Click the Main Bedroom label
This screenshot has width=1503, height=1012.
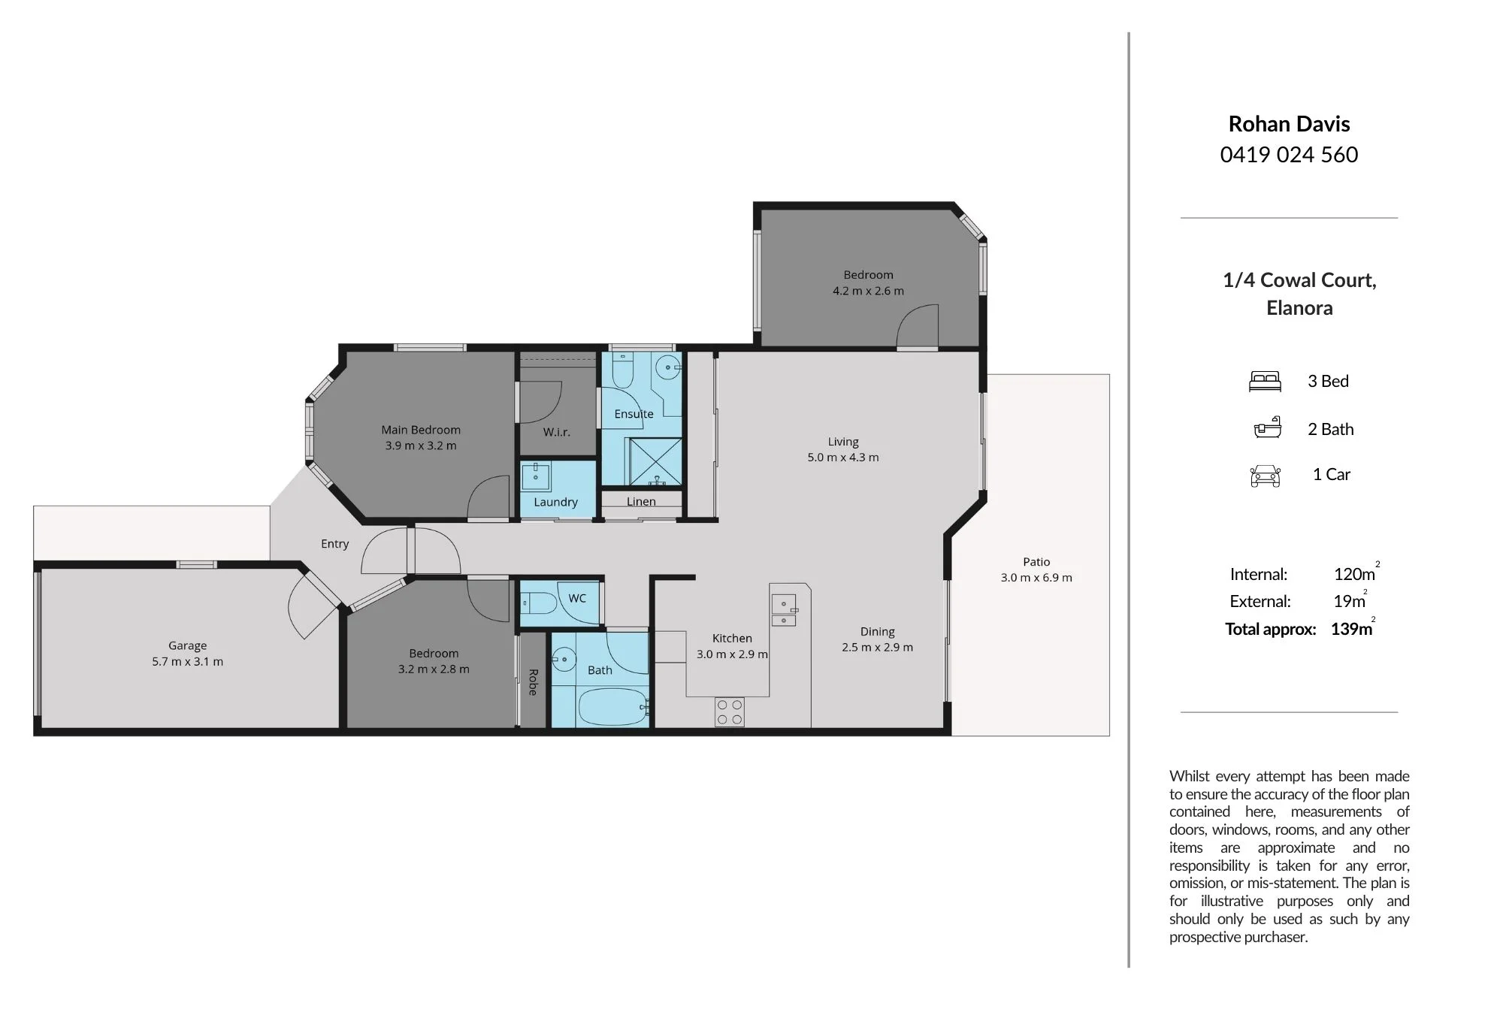[x=421, y=430]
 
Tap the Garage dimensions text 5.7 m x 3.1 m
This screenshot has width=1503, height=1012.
[x=188, y=662]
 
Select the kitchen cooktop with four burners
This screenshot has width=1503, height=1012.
[x=730, y=712]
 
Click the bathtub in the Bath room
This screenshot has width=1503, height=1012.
[x=613, y=707]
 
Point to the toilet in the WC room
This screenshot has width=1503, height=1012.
[x=538, y=603]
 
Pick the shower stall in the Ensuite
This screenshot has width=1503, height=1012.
[x=655, y=461]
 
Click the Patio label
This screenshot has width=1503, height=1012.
[x=1036, y=562]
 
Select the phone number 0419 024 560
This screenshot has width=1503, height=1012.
[x=1289, y=155]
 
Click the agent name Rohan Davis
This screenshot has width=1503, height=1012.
[x=1289, y=124]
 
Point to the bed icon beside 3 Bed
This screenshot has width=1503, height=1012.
[x=1265, y=382]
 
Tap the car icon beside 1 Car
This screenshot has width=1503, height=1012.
[x=1266, y=476]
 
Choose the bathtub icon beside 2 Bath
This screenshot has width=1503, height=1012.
[x=1267, y=427]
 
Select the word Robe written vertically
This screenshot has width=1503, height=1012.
[x=533, y=682]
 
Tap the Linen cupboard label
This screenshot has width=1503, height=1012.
[x=641, y=502]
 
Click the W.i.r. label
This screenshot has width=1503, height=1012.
[x=557, y=432]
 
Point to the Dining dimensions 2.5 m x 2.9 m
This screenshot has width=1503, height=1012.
[x=878, y=648]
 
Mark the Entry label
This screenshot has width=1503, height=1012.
[x=335, y=544]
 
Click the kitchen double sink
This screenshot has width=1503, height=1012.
[x=784, y=610]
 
